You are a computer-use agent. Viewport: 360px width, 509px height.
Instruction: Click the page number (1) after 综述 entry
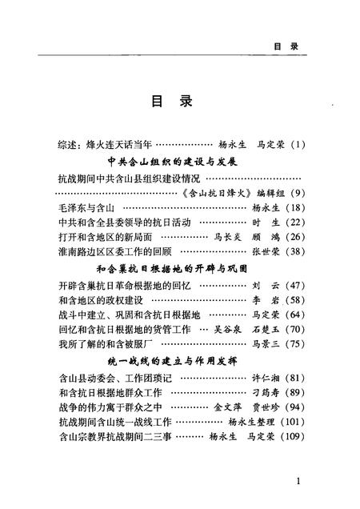point(296,144)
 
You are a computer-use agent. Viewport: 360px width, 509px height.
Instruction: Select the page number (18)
point(294,207)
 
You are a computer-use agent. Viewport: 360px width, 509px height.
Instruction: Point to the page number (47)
point(294,284)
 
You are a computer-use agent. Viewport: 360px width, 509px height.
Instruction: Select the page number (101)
point(290,423)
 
